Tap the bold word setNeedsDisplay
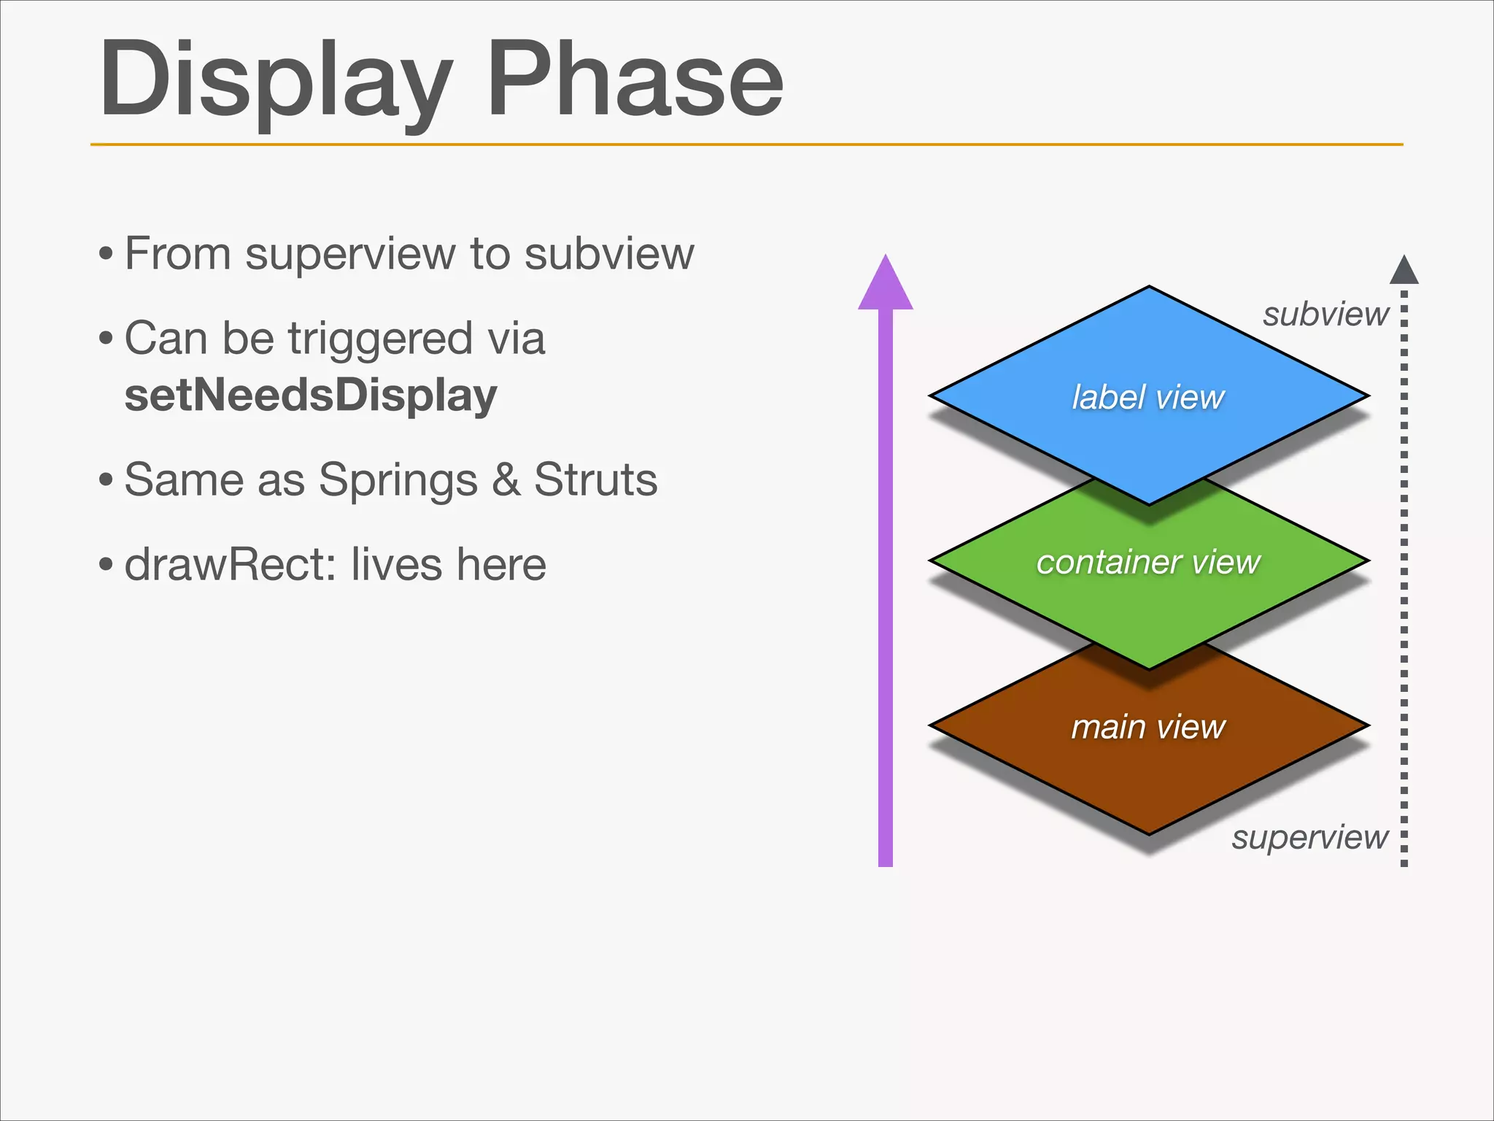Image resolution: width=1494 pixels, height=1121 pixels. (311, 396)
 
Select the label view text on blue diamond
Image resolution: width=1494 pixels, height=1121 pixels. (1148, 398)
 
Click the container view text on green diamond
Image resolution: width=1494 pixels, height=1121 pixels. (1148, 563)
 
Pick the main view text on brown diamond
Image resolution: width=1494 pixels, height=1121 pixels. (1148, 728)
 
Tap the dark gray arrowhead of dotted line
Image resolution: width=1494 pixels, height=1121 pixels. (1404, 270)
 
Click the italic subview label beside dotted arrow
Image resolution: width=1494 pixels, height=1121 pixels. (1325, 315)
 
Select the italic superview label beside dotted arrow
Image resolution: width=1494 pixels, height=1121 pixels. (1310, 837)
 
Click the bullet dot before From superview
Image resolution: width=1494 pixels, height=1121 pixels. (107, 255)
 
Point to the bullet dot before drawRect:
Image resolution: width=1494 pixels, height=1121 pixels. (107, 565)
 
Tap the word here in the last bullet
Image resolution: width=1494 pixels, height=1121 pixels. (501, 565)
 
